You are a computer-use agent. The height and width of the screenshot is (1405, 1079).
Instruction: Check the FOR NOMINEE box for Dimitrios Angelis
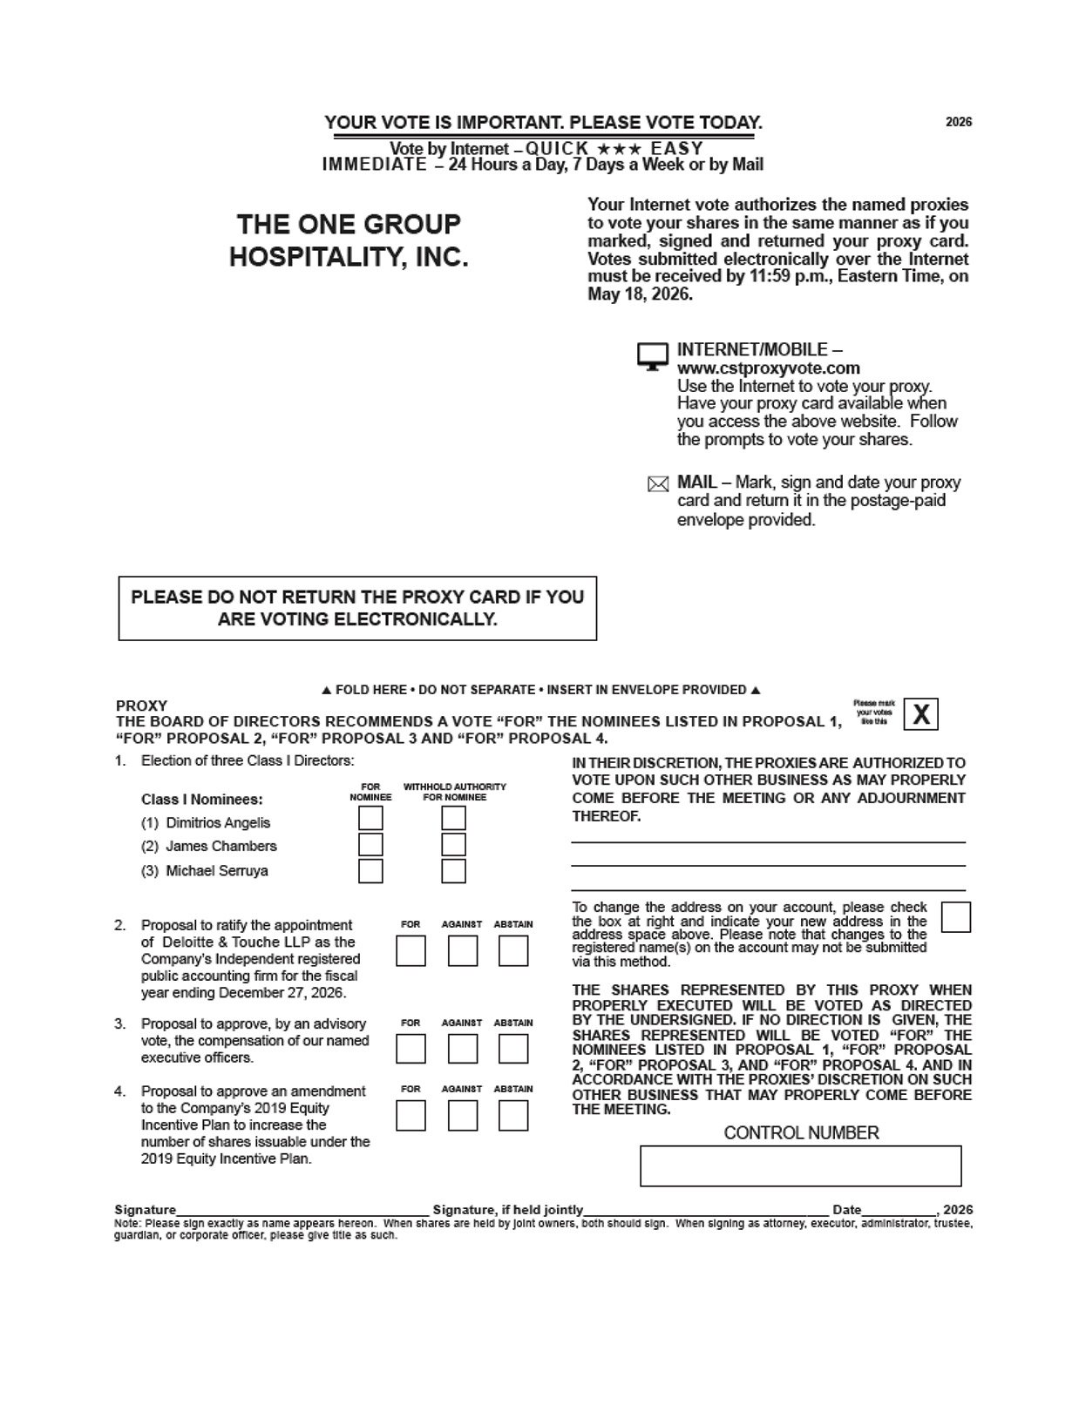click(370, 818)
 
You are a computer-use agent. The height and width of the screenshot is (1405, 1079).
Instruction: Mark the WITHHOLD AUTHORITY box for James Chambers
click(453, 844)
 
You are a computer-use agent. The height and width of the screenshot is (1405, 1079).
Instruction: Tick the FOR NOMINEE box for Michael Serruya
click(370, 871)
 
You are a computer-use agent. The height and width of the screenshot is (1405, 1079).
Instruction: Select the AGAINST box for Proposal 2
click(462, 950)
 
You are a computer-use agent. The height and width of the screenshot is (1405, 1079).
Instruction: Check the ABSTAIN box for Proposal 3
click(513, 1049)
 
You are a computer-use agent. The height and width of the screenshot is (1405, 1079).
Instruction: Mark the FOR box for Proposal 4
click(411, 1116)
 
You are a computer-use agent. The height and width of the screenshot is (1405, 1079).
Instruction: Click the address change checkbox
click(956, 917)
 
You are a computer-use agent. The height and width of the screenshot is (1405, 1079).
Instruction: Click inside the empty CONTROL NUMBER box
click(800, 1165)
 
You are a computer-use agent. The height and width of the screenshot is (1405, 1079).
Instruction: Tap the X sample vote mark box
click(920, 714)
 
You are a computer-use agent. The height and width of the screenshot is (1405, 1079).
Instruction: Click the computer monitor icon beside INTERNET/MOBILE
click(652, 355)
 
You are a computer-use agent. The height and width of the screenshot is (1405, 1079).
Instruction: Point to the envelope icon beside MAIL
click(658, 484)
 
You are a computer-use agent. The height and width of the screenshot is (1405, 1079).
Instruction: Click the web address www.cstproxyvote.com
click(769, 368)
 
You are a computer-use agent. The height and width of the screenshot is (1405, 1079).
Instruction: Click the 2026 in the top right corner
click(959, 122)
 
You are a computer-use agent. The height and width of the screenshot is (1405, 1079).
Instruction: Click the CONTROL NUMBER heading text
click(801, 1132)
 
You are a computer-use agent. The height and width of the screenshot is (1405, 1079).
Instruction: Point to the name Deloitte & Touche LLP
click(259, 942)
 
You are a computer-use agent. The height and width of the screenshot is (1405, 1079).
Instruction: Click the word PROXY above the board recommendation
click(141, 706)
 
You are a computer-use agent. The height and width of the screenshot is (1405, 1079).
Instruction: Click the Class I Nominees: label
click(201, 799)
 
